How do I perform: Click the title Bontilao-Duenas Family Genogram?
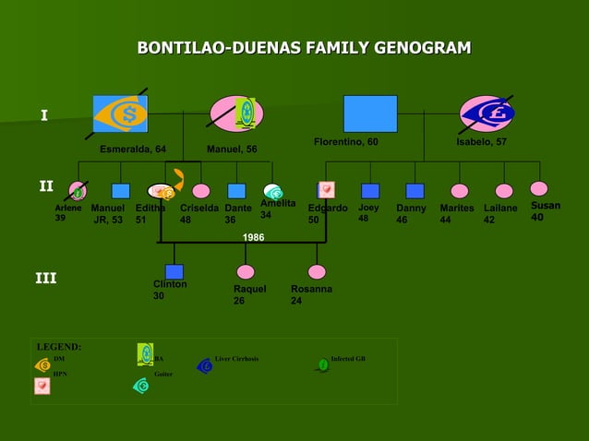pos(304,48)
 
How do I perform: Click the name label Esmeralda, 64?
pos(133,149)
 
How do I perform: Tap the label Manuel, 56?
pos(232,149)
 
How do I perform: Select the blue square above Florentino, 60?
pos(370,113)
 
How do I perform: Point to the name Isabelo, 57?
pos(481,142)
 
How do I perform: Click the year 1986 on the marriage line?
pos(253,238)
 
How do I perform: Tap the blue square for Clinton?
pos(174,271)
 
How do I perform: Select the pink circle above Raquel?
pos(246,272)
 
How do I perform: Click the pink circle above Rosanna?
pos(317,272)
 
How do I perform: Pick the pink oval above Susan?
pos(539,188)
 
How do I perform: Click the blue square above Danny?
pos(415,191)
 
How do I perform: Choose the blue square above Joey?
pos(370,191)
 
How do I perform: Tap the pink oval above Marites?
pos(459,191)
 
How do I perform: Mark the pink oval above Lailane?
pos(504,191)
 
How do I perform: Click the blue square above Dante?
pos(236,191)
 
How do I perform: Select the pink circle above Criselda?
pos(200,191)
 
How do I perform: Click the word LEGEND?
pos(58,347)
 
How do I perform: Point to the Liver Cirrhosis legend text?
pos(236,358)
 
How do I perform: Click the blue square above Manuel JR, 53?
pos(120,191)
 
